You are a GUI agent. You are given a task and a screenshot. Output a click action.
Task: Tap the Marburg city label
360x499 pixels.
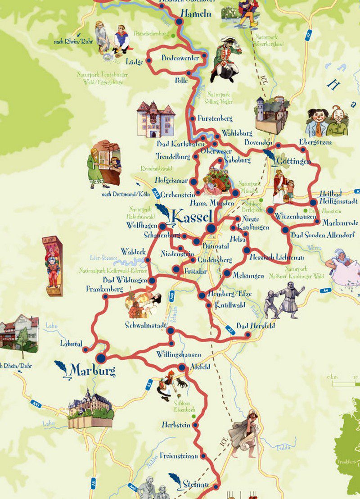click(x=92, y=371)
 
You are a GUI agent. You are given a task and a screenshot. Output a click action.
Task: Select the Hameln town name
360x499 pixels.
click(x=196, y=14)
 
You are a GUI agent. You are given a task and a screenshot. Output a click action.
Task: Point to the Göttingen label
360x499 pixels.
click(x=294, y=161)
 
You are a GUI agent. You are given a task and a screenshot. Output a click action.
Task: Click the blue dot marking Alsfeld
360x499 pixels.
click(x=181, y=367)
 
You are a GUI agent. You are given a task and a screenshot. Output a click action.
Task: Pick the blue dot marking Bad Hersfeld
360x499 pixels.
click(x=247, y=334)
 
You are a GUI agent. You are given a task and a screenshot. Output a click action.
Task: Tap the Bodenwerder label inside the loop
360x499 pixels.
click(x=177, y=58)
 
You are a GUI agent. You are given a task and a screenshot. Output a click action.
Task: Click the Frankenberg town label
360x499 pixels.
click(x=104, y=289)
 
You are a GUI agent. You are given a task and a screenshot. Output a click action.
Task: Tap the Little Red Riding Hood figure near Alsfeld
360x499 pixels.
click(x=165, y=384)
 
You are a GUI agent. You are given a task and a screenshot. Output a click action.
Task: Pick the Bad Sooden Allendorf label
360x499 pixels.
click(x=323, y=235)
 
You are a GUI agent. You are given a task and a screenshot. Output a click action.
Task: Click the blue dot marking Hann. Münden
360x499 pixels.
click(x=235, y=193)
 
